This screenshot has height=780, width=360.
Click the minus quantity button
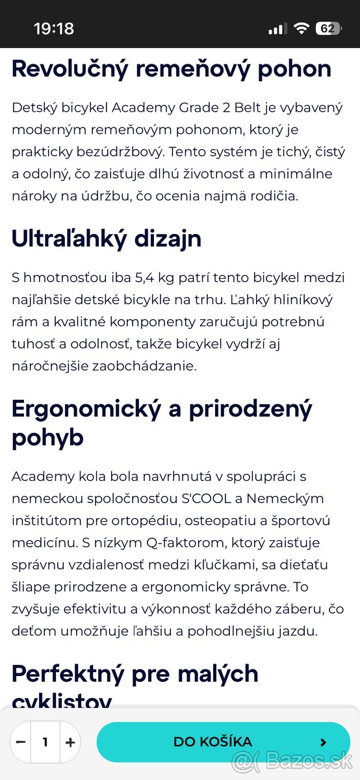[x=21, y=742]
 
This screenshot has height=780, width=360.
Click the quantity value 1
[x=45, y=742]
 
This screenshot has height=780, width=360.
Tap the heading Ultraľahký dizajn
[x=107, y=239]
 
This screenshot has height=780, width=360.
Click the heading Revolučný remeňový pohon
[x=172, y=68]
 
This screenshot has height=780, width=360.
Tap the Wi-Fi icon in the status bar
[x=300, y=29]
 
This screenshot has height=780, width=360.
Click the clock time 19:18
[x=54, y=29]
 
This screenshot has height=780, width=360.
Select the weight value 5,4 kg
[x=153, y=278]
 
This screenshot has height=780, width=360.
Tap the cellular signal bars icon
[x=277, y=29]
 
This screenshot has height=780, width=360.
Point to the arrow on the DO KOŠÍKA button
[x=324, y=742]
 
